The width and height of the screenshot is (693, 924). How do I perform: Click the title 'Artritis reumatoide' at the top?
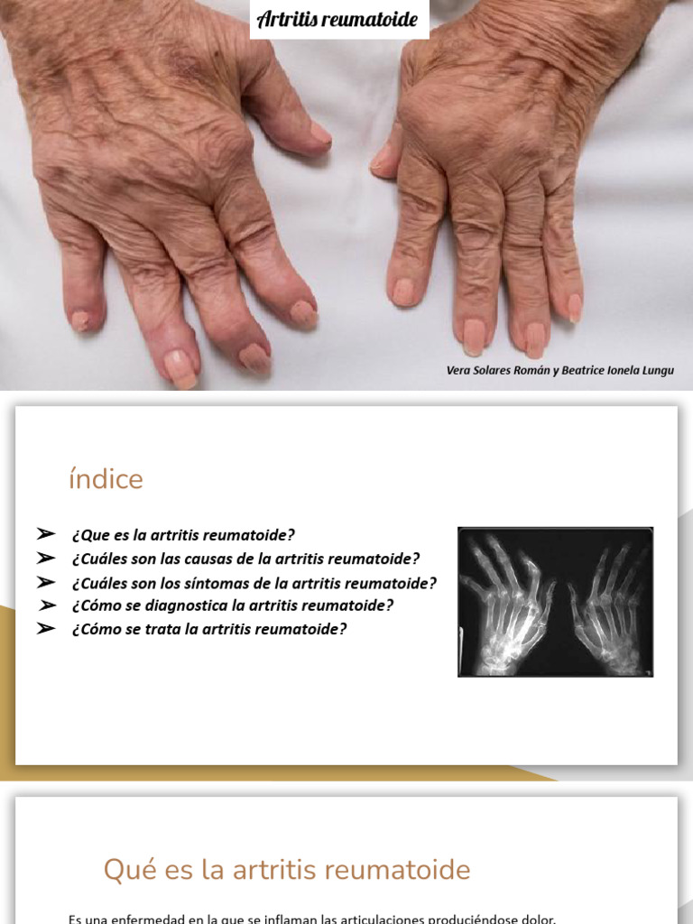(338, 19)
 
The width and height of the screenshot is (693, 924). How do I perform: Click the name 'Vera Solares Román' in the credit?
(499, 371)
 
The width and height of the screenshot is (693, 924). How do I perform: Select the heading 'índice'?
(106, 480)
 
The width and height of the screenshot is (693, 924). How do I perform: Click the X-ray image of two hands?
(555, 602)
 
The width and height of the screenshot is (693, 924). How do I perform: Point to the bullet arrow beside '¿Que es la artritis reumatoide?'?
(47, 534)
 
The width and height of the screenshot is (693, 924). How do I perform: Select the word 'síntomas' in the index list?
(237, 582)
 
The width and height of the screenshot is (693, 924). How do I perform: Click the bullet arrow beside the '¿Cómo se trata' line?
(47, 629)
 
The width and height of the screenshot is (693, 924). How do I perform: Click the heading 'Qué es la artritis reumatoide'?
(287, 870)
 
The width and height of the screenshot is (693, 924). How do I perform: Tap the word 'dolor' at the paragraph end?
(538, 919)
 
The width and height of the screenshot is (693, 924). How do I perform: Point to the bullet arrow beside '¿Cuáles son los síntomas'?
(47, 582)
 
